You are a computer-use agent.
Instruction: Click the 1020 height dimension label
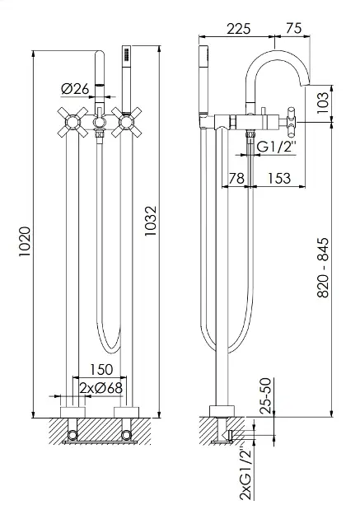(25, 241)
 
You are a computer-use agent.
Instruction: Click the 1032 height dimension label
(151, 221)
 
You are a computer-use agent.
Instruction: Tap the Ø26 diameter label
(76, 89)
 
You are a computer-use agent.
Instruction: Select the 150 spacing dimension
(101, 369)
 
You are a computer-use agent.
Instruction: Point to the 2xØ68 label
(101, 388)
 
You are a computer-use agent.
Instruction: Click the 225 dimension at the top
(239, 29)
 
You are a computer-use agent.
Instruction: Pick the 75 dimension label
(294, 29)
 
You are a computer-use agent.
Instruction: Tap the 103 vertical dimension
(324, 103)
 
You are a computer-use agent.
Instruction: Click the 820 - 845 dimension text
(323, 268)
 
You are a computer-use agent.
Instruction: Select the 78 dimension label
(237, 178)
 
